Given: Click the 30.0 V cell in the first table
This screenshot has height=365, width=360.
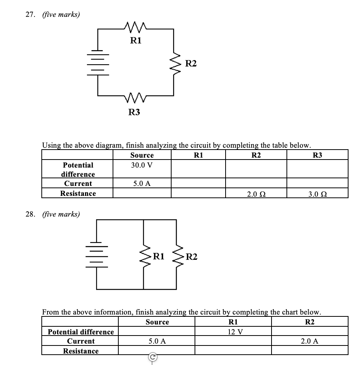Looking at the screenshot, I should (142, 165).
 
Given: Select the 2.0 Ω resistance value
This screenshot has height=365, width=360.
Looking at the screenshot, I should (256, 194).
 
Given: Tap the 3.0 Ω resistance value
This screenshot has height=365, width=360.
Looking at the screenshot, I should (317, 194).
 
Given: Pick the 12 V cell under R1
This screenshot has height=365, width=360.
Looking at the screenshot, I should (233, 332).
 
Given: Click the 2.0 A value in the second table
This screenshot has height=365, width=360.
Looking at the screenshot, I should (309, 341).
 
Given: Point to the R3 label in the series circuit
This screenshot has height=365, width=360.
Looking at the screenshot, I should (134, 112).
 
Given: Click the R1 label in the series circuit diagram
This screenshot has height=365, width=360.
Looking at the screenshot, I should (136, 41).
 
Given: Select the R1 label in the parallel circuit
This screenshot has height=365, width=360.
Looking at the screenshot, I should (159, 256).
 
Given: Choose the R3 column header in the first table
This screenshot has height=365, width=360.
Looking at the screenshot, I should (317, 155).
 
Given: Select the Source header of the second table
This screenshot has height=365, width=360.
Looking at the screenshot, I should (157, 322).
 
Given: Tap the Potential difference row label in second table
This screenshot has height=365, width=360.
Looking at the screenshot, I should (81, 332).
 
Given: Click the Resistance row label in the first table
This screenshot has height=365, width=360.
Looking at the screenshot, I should (78, 193).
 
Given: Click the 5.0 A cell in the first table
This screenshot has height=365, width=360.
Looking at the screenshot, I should (142, 183).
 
